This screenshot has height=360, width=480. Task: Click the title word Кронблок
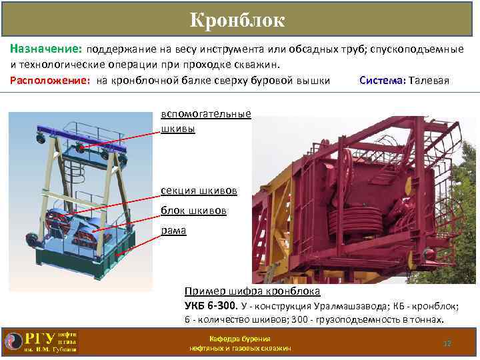pos(237,21)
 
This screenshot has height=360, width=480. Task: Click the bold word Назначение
pos(45,50)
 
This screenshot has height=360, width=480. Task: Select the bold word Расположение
pos(51,81)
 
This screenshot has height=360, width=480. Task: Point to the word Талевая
pos(430,81)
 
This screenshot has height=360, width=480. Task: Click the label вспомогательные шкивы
pos(205,121)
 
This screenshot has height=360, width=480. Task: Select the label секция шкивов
pos(199,191)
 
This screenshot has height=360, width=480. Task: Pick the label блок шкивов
pos(193,211)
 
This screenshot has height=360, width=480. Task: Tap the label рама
pos(173,231)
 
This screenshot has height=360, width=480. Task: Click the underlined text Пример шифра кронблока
pos(252,291)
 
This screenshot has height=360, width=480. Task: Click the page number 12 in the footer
pos(447,343)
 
